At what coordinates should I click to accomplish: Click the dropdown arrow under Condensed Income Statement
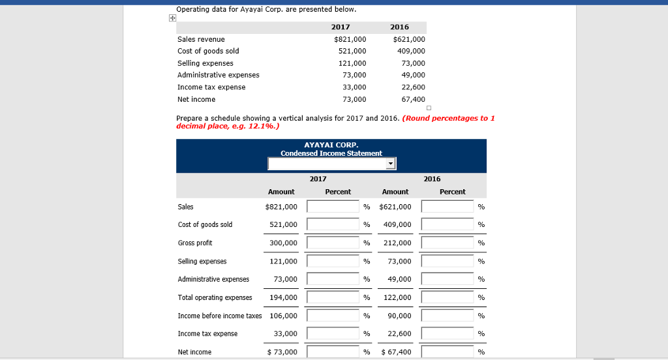tap(391, 164)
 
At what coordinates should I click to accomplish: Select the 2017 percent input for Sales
tap(333, 207)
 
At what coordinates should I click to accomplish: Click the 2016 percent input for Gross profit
tap(448, 243)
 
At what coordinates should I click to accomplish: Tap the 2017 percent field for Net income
tap(333, 352)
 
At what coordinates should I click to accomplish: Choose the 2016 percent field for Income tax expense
tap(448, 334)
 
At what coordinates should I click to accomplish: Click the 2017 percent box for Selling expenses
tap(333, 262)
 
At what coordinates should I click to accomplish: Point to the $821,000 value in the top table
tap(350, 39)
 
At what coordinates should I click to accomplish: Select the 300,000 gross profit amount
tap(284, 243)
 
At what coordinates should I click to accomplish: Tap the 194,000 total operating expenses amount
tap(284, 297)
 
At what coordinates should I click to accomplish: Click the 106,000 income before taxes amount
tap(284, 316)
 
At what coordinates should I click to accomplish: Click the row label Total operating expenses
tap(215, 297)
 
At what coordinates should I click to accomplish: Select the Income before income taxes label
tap(219, 316)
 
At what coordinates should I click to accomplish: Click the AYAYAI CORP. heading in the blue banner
tap(331, 145)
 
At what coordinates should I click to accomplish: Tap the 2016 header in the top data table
tap(399, 27)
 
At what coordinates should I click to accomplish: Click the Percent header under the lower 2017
tap(338, 192)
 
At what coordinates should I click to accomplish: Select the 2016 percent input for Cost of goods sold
tap(448, 225)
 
